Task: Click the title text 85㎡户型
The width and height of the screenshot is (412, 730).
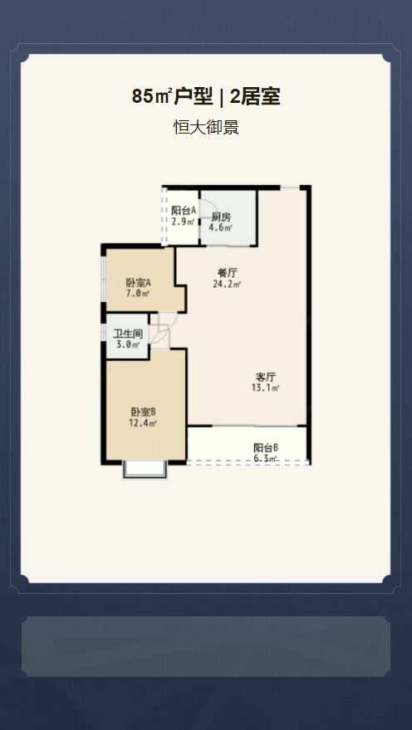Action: [173, 97]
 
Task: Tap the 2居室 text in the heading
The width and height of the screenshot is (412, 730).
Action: [255, 97]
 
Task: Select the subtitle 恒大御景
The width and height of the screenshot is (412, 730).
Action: [206, 127]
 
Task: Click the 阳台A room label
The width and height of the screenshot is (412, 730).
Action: [184, 211]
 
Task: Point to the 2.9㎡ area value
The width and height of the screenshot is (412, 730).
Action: [184, 221]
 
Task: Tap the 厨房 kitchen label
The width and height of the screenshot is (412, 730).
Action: [221, 217]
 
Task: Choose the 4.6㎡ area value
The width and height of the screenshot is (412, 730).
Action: [221, 227]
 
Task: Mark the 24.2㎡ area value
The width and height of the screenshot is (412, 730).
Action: [227, 285]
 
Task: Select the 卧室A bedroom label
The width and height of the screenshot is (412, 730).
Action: [139, 283]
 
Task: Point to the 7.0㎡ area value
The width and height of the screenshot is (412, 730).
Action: [139, 294]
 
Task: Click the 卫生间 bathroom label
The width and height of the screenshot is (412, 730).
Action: [128, 333]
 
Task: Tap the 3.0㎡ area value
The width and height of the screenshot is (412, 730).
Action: [128, 344]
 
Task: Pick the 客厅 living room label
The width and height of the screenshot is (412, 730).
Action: [266, 377]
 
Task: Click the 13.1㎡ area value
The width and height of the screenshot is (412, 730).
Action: [265, 387]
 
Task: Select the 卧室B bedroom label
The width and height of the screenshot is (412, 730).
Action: [143, 412]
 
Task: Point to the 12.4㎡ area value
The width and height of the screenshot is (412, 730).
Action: [143, 423]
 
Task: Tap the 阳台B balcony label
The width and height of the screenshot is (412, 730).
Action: [266, 448]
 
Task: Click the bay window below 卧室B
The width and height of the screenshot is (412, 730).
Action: [145, 470]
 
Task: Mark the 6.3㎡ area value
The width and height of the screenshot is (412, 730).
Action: [266, 459]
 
